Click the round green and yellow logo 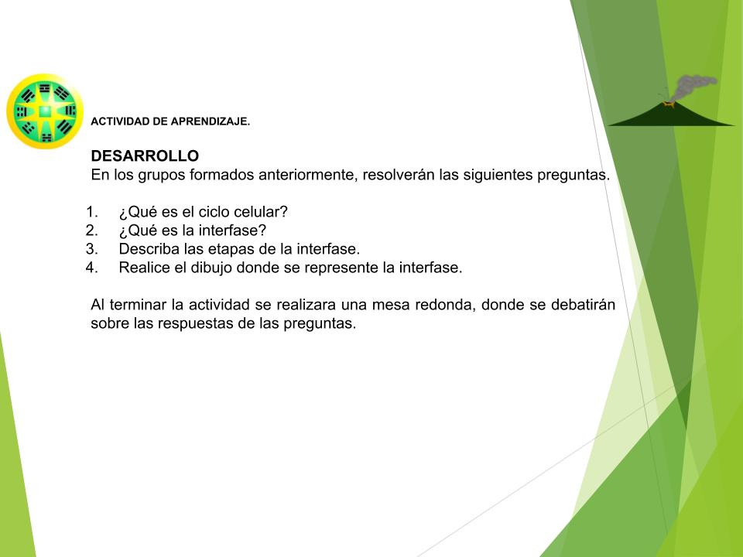pyautogui.click(x=45, y=111)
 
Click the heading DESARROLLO pyautogui.click(x=145, y=155)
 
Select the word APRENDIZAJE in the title pyautogui.click(x=210, y=121)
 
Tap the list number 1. pyautogui.click(x=91, y=212)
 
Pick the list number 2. pyautogui.click(x=91, y=231)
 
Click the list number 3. pyautogui.click(x=91, y=248)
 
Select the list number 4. pyautogui.click(x=91, y=268)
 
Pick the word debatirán pyautogui.click(x=583, y=305)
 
